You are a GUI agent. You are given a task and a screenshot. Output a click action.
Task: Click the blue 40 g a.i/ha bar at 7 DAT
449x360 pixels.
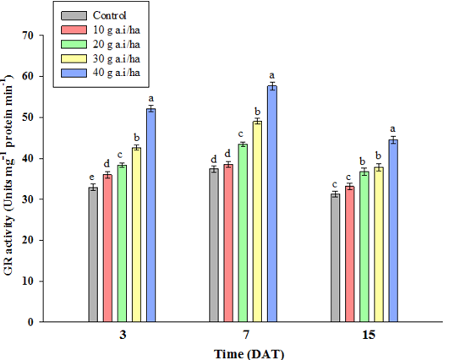[272, 204]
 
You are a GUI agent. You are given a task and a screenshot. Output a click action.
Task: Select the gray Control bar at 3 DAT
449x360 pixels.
[93, 254]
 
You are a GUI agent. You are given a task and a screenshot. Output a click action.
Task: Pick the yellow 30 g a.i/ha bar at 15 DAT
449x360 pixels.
[379, 245]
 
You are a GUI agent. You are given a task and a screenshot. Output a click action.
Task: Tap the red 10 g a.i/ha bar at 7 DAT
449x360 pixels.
[228, 243]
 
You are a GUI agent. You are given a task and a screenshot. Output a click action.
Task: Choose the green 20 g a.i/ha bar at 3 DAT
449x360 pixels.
[122, 243]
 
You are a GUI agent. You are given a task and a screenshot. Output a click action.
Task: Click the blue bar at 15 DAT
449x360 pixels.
[393, 231]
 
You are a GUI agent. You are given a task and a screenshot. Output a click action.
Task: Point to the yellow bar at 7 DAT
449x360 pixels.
[257, 221]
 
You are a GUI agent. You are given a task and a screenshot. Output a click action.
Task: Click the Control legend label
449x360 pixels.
[109, 15]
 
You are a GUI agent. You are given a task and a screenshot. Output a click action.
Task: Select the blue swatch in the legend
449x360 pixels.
[74, 73]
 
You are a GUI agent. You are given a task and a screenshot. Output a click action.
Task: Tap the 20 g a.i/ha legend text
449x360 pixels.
[116, 44]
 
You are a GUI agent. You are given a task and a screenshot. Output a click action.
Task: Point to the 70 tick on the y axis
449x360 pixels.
[29, 35]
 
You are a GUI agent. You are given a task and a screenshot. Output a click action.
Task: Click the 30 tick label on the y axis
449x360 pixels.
[29, 199]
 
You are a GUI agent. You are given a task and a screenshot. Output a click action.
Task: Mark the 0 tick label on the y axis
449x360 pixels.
[31, 322]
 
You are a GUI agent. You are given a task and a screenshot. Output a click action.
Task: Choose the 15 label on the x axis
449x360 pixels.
[369, 335]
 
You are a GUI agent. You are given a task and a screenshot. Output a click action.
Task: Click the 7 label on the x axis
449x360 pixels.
[246, 335]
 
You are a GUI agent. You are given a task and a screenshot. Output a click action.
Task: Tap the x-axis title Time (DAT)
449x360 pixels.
[249, 354]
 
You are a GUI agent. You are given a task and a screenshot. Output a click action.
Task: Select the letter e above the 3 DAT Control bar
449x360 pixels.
[91, 177]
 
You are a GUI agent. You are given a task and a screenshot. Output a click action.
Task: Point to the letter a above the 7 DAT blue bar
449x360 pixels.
[272, 75]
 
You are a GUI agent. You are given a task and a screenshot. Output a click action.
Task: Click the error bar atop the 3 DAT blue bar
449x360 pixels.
[151, 109]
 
